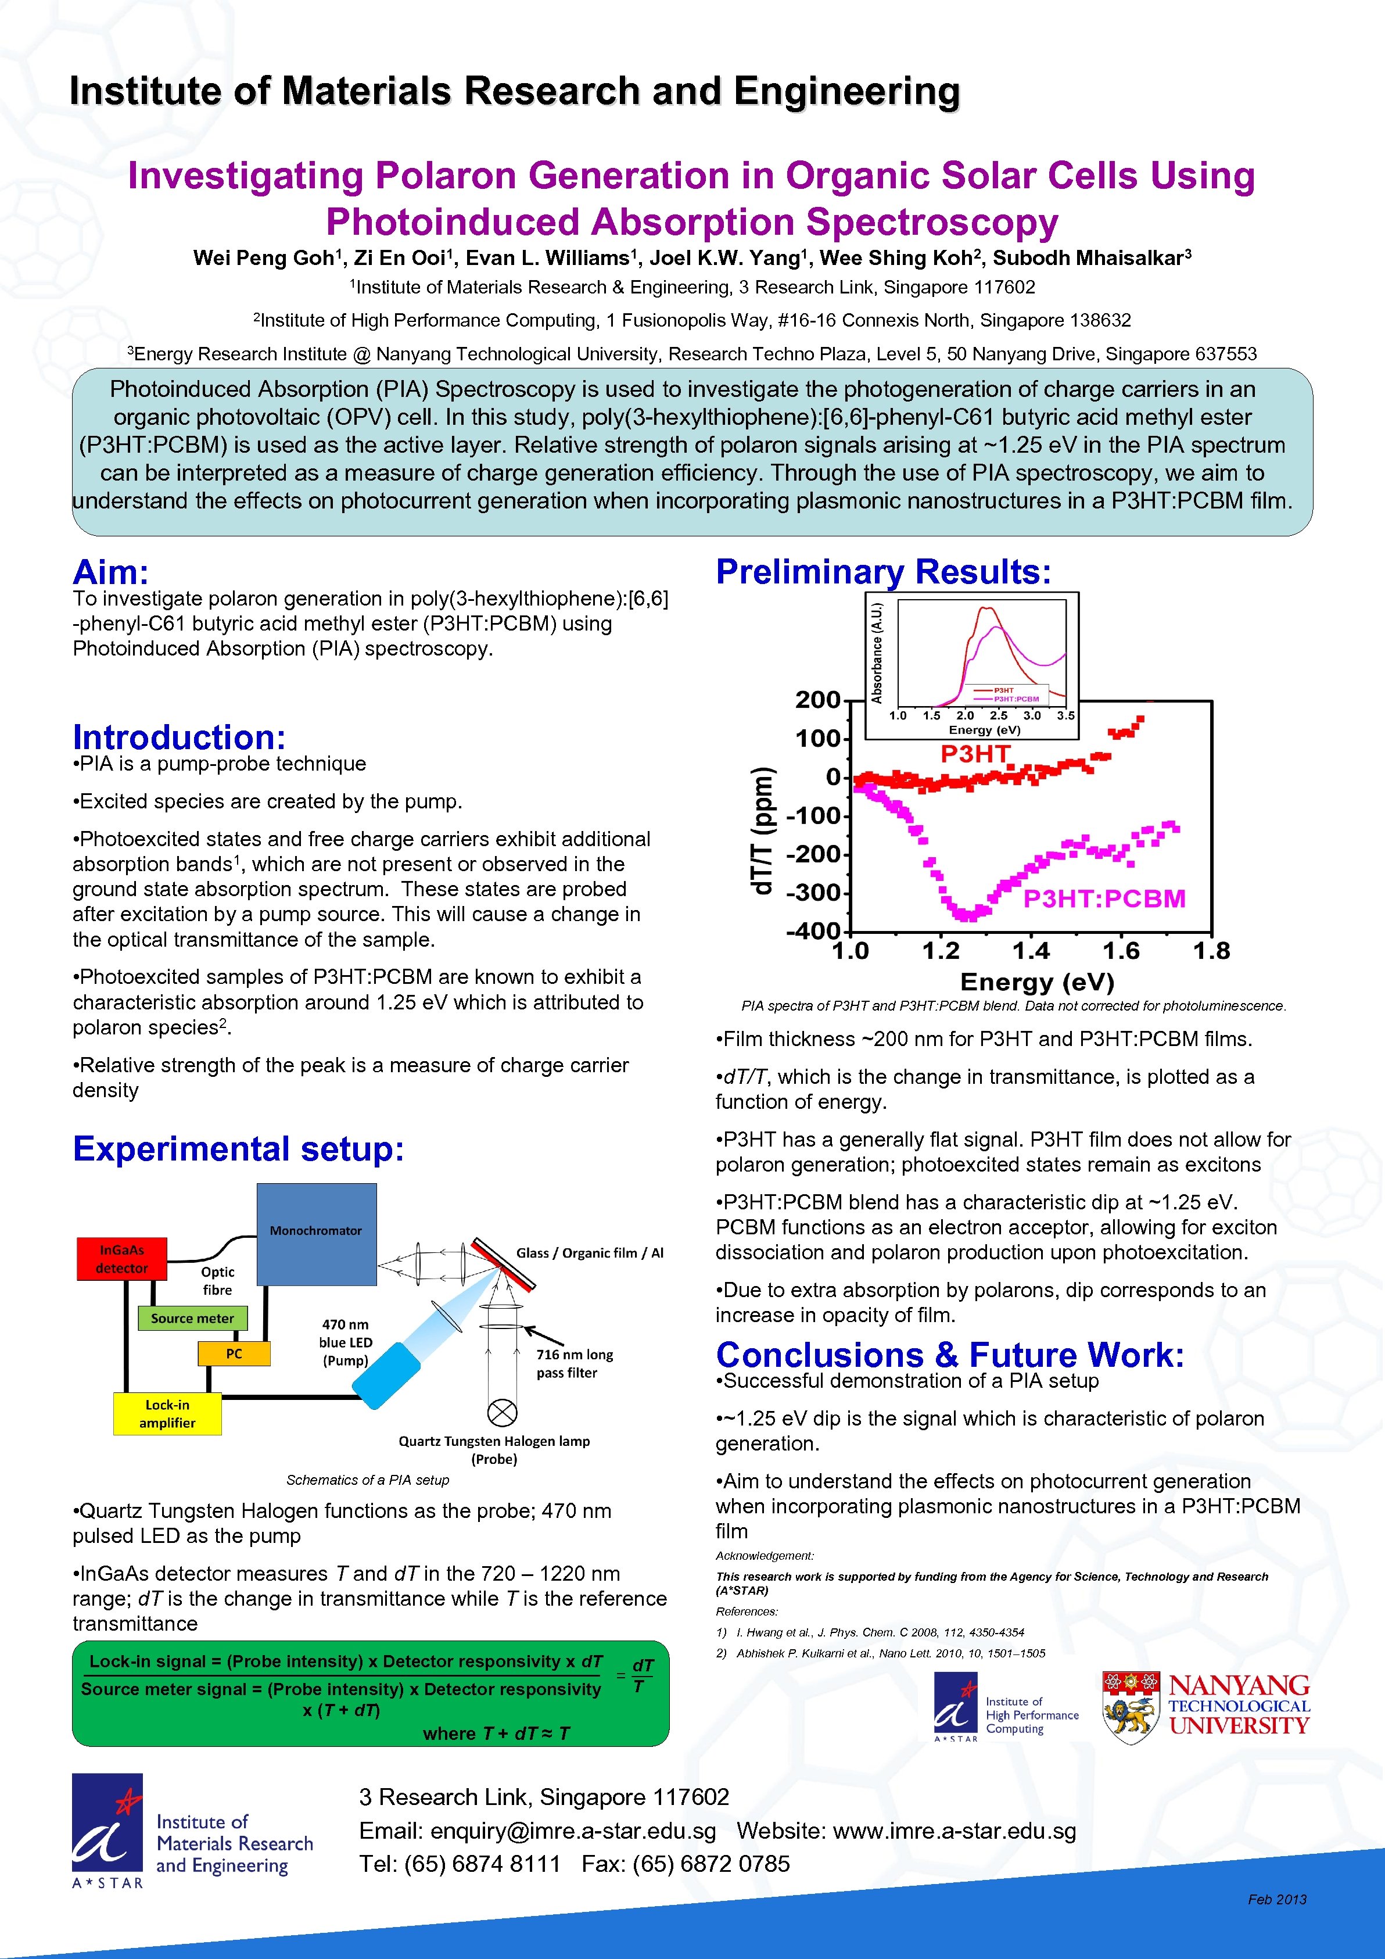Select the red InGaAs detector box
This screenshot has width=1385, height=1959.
tap(122, 1259)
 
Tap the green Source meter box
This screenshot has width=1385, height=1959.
tap(193, 1318)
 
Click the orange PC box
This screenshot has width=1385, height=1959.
tap(234, 1353)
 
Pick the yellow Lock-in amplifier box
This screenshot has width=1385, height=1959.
tap(167, 1414)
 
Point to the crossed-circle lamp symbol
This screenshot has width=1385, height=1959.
tap(501, 1412)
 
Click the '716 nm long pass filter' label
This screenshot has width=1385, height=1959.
tap(574, 1363)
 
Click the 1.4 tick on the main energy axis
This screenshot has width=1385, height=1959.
tap(1030, 951)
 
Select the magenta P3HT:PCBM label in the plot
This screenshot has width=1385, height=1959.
tap(1104, 898)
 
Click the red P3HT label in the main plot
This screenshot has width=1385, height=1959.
tap(975, 753)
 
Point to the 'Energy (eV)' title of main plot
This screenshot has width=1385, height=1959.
tap(1037, 982)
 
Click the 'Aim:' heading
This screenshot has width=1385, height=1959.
tap(111, 572)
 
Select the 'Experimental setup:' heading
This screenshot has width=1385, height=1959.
tap(238, 1148)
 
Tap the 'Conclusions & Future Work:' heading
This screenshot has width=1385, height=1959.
tap(949, 1355)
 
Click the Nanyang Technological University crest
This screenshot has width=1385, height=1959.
tap(1130, 1706)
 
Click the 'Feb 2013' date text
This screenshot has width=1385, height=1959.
tap(1277, 1899)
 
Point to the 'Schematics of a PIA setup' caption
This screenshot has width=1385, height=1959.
tap(368, 1480)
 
